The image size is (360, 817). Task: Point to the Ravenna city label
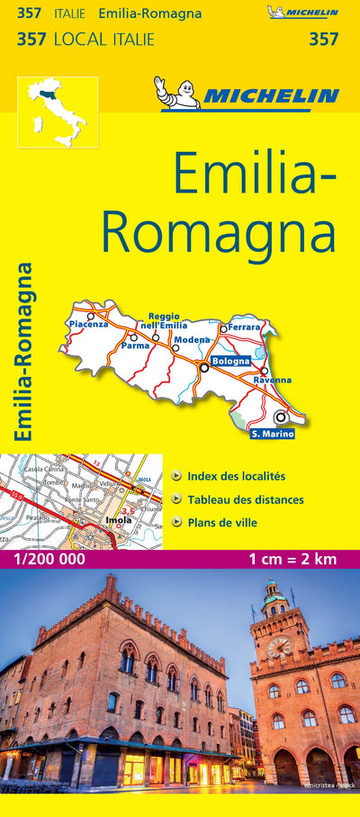(x=272, y=380)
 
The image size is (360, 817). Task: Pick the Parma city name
(x=135, y=346)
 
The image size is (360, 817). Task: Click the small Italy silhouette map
(x=57, y=112)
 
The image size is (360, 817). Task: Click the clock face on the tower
(x=279, y=646)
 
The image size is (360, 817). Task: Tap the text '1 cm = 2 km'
(x=292, y=559)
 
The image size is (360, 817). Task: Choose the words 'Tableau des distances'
(x=246, y=499)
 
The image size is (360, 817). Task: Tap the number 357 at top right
(x=323, y=39)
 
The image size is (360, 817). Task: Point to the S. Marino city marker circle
(x=281, y=417)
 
